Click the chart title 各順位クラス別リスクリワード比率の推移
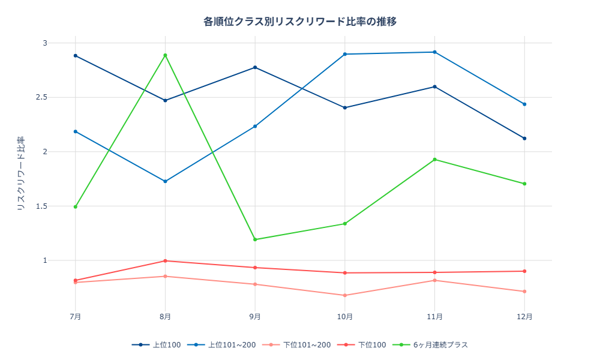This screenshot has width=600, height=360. [x=300, y=22]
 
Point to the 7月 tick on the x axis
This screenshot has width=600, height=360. [x=76, y=316]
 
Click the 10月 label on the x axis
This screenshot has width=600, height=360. [x=345, y=316]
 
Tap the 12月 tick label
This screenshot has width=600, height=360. [x=524, y=316]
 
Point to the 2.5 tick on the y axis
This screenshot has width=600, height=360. [x=41, y=97]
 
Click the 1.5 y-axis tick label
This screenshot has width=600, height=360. [x=41, y=206]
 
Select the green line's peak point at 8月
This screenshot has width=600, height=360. [x=165, y=55]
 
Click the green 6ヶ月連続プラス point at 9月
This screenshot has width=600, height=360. [x=255, y=239]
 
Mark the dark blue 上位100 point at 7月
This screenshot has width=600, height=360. [x=76, y=56]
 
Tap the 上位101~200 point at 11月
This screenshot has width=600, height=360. [x=435, y=52]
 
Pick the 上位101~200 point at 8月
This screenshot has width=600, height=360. [x=165, y=181]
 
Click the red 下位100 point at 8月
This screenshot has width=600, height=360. [x=165, y=261]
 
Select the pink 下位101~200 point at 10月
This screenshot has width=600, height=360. [x=345, y=295]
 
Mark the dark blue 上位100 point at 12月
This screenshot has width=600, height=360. [x=524, y=139]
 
